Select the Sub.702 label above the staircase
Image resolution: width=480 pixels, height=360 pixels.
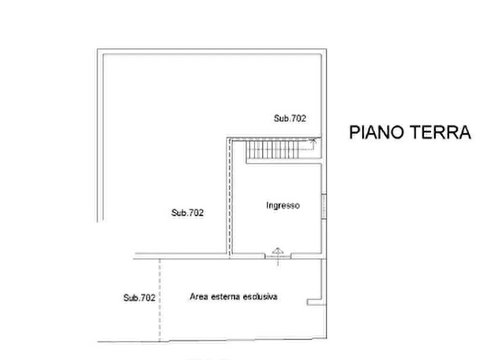click(290, 119)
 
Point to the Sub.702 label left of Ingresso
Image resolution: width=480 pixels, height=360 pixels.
click(187, 213)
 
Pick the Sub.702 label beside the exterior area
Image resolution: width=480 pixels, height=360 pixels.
click(139, 297)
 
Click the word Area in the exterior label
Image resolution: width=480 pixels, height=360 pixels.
click(198, 296)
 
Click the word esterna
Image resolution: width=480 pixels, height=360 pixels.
click(225, 296)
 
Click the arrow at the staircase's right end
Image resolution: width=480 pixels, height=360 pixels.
click(312, 142)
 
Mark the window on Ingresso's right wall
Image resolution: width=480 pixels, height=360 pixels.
click(324, 206)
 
